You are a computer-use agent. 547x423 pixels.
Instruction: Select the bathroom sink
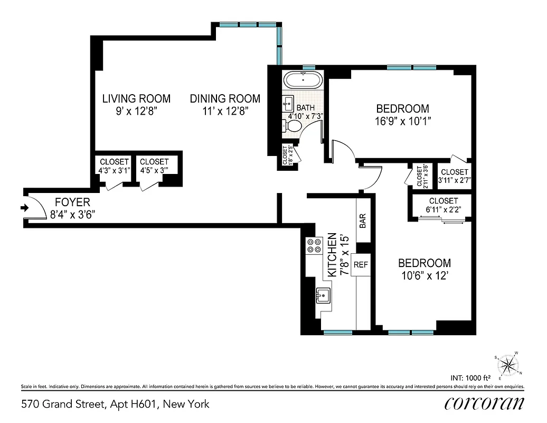288,102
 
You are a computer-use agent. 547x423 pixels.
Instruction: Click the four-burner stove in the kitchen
314,245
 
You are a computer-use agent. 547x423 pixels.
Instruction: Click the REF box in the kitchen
361,264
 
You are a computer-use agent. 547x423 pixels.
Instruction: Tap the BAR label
363,221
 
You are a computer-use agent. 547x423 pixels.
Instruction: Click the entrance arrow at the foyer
24,208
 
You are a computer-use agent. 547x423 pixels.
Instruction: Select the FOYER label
72,202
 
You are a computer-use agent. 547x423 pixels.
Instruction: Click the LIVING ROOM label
136,98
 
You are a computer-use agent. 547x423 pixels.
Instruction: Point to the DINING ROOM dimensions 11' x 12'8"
225,111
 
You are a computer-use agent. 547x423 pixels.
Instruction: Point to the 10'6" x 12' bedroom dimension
425,275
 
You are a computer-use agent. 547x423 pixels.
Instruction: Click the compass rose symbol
508,364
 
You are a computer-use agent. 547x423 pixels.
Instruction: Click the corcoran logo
484,403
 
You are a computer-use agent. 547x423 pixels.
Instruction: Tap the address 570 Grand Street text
115,404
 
